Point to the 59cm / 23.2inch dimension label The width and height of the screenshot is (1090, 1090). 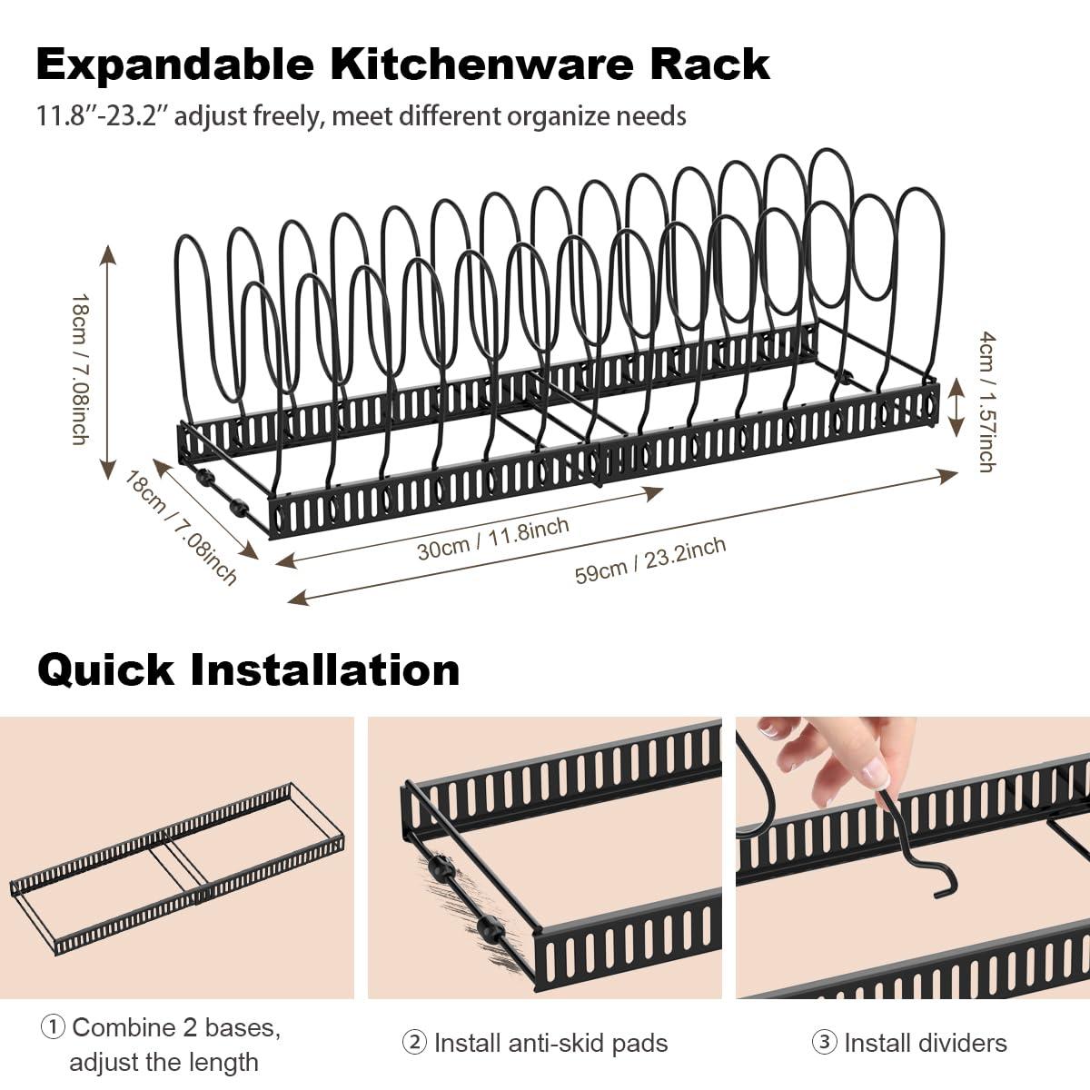point(650,560)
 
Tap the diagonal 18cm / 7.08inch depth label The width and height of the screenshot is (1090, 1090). point(182,527)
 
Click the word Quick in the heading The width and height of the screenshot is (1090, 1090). point(105,670)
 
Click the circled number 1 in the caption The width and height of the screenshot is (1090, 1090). point(53,1027)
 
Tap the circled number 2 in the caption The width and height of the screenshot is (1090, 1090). point(414,1043)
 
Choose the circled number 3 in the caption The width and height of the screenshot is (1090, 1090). point(824,1043)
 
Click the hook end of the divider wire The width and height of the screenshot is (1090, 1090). point(945,887)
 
